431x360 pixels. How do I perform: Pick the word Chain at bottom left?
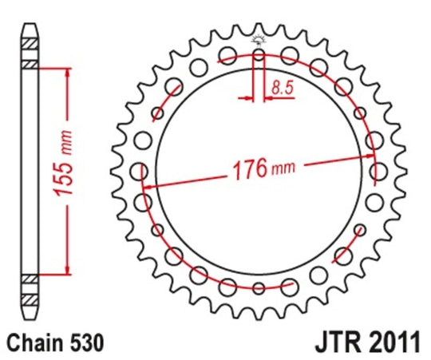(x=34, y=344)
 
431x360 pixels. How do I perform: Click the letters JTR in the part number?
(x=332, y=344)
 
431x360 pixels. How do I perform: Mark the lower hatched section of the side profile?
(x=29, y=288)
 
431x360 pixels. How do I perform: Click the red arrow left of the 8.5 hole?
(x=247, y=99)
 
